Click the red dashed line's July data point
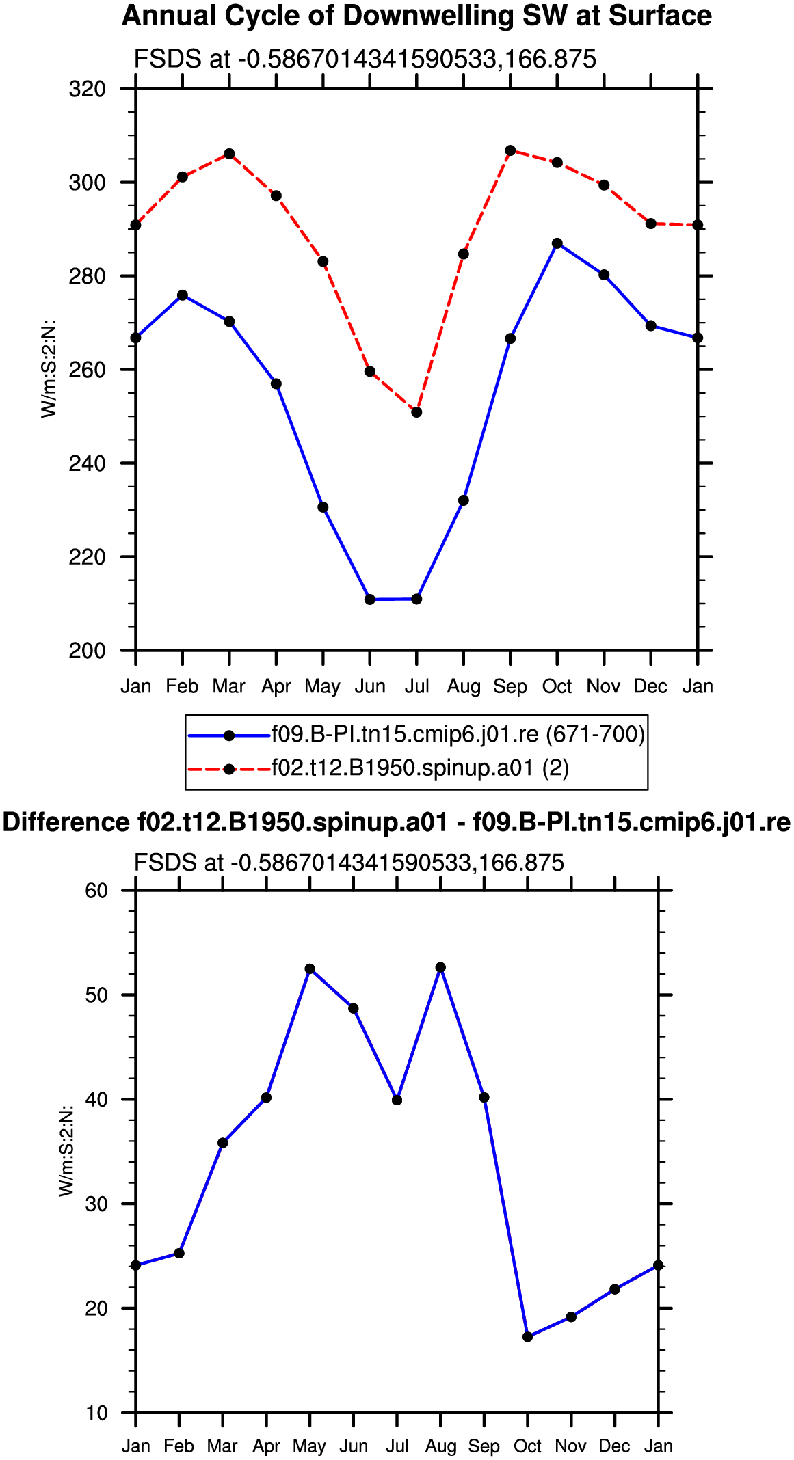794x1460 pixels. coord(416,412)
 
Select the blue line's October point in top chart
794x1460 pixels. coord(557,243)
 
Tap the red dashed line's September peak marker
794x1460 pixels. coord(510,150)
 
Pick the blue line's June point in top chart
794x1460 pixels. coord(370,599)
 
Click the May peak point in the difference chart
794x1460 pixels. coord(310,969)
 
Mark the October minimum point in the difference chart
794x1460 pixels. coord(527,1336)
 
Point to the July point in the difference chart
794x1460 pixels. coord(397,1100)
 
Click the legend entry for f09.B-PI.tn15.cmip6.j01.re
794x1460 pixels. coord(416,735)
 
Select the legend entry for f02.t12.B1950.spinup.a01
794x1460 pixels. coord(379,768)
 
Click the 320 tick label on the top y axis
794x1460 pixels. coord(87,89)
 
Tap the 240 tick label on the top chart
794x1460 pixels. coord(87,463)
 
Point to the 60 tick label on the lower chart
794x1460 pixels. coord(96,890)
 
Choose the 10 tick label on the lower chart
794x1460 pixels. coord(96,1413)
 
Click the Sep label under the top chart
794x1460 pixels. coord(510,687)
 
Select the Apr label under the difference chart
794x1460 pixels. coord(266,1447)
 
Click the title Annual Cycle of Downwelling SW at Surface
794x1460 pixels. coord(416,16)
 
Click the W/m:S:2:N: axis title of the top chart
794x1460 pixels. coord(49,369)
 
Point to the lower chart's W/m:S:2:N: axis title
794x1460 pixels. coord(66,1150)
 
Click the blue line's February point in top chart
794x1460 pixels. coord(183,295)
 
